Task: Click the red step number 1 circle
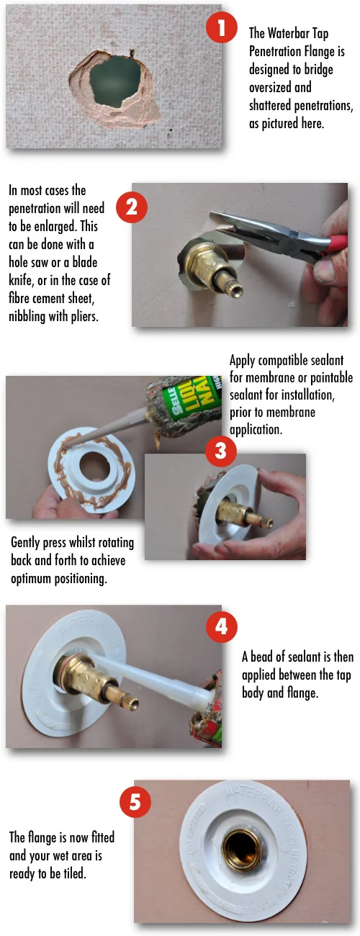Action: click(221, 30)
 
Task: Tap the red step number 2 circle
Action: click(132, 208)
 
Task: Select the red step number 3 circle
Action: click(220, 451)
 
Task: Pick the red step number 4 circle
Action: click(221, 626)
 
